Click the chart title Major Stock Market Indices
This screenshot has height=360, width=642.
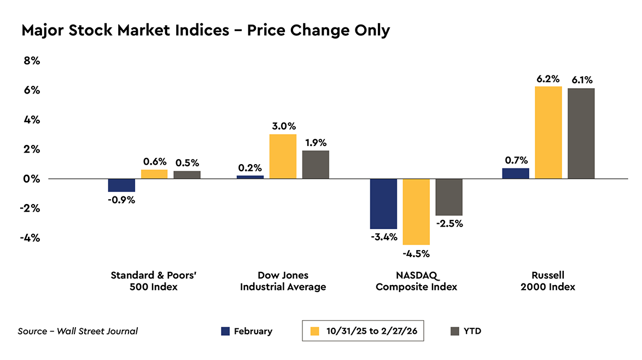tap(205, 31)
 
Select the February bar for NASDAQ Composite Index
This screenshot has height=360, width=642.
tap(383, 204)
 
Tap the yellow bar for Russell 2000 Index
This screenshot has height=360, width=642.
tap(548, 132)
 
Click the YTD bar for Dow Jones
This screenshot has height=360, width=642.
tap(316, 165)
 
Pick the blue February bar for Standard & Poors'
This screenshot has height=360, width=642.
tap(121, 185)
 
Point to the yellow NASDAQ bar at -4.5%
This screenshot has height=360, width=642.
tap(416, 212)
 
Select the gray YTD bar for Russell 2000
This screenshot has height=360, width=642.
tap(581, 133)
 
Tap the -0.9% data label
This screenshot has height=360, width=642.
tap(121, 200)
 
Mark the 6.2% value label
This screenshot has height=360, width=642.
tap(548, 79)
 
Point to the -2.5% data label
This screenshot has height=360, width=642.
tap(450, 223)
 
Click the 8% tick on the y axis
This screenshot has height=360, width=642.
tap(31, 61)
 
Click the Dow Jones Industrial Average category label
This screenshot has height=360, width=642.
tap(283, 281)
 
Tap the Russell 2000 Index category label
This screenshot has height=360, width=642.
tap(548, 281)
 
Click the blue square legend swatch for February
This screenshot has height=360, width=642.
tap(225, 331)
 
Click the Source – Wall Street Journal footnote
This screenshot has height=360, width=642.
tap(78, 331)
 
